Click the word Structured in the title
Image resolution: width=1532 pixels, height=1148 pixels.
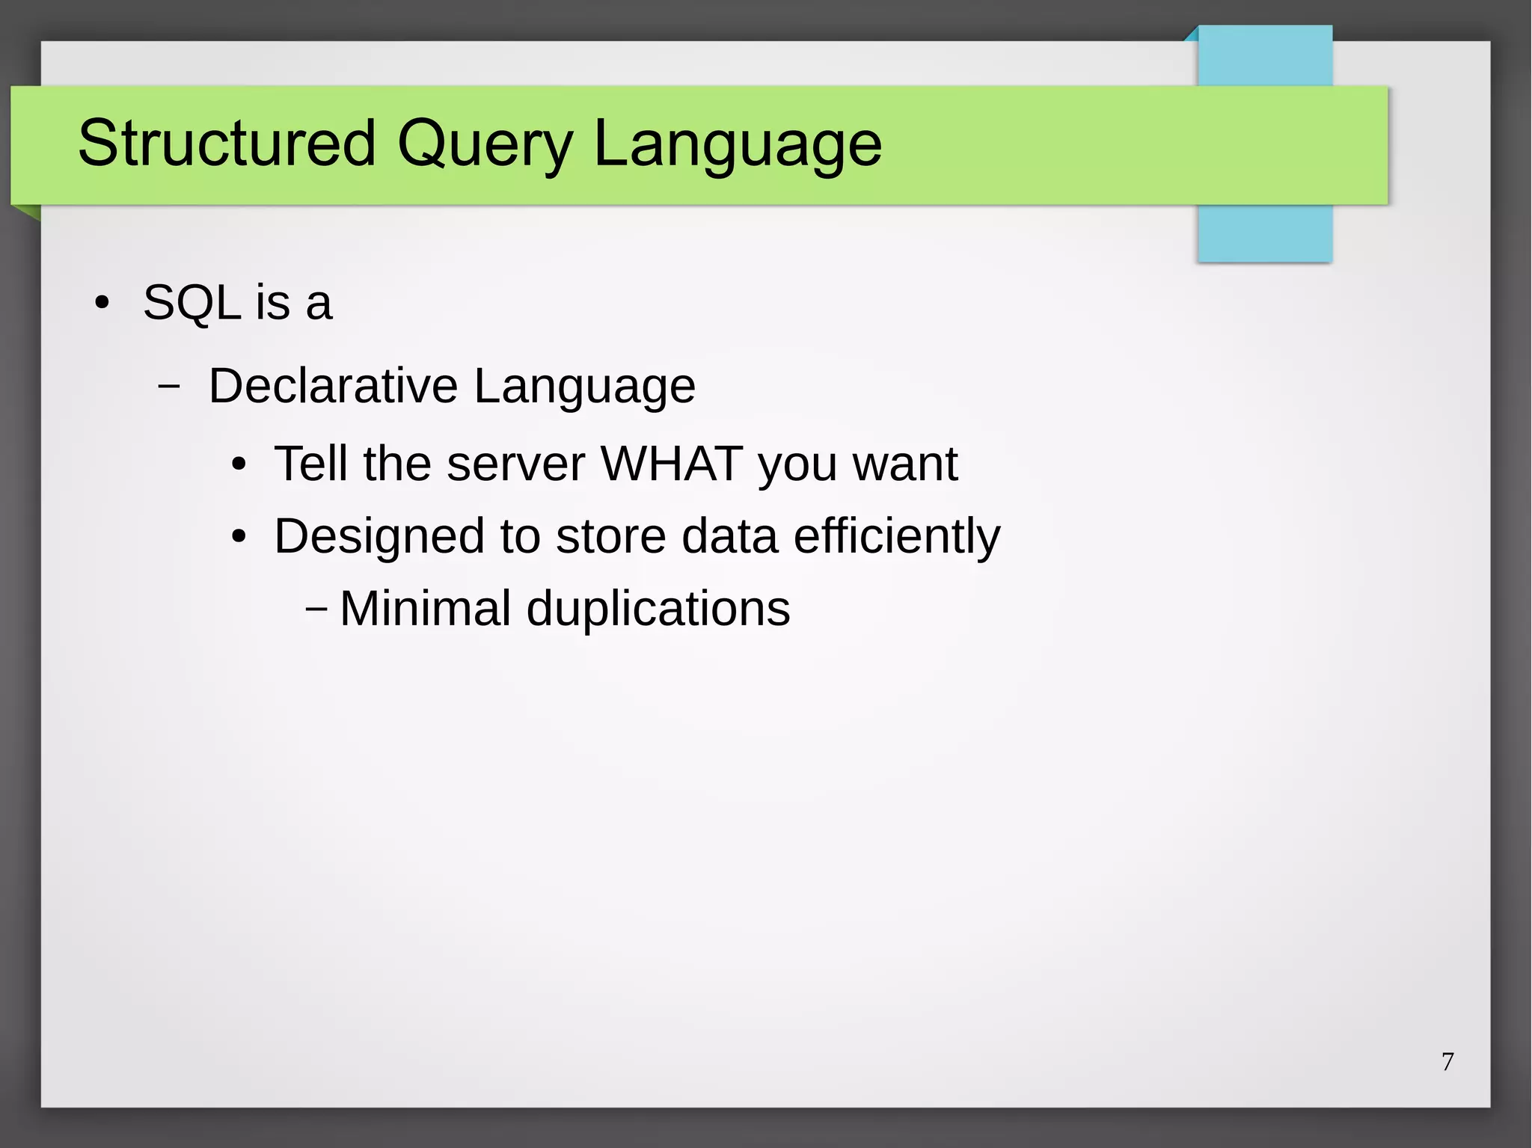pyautogui.click(x=226, y=143)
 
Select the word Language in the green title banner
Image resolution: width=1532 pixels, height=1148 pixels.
pyautogui.click(x=737, y=144)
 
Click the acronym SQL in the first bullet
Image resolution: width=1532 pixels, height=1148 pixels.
pyautogui.click(x=191, y=304)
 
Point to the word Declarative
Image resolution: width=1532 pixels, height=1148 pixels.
pyautogui.click(x=333, y=386)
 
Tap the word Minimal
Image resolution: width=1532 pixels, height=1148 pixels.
pyautogui.click(x=425, y=608)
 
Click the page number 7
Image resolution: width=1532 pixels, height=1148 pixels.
pyautogui.click(x=1447, y=1061)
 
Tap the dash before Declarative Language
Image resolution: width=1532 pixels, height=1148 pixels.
pyautogui.click(x=169, y=387)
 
